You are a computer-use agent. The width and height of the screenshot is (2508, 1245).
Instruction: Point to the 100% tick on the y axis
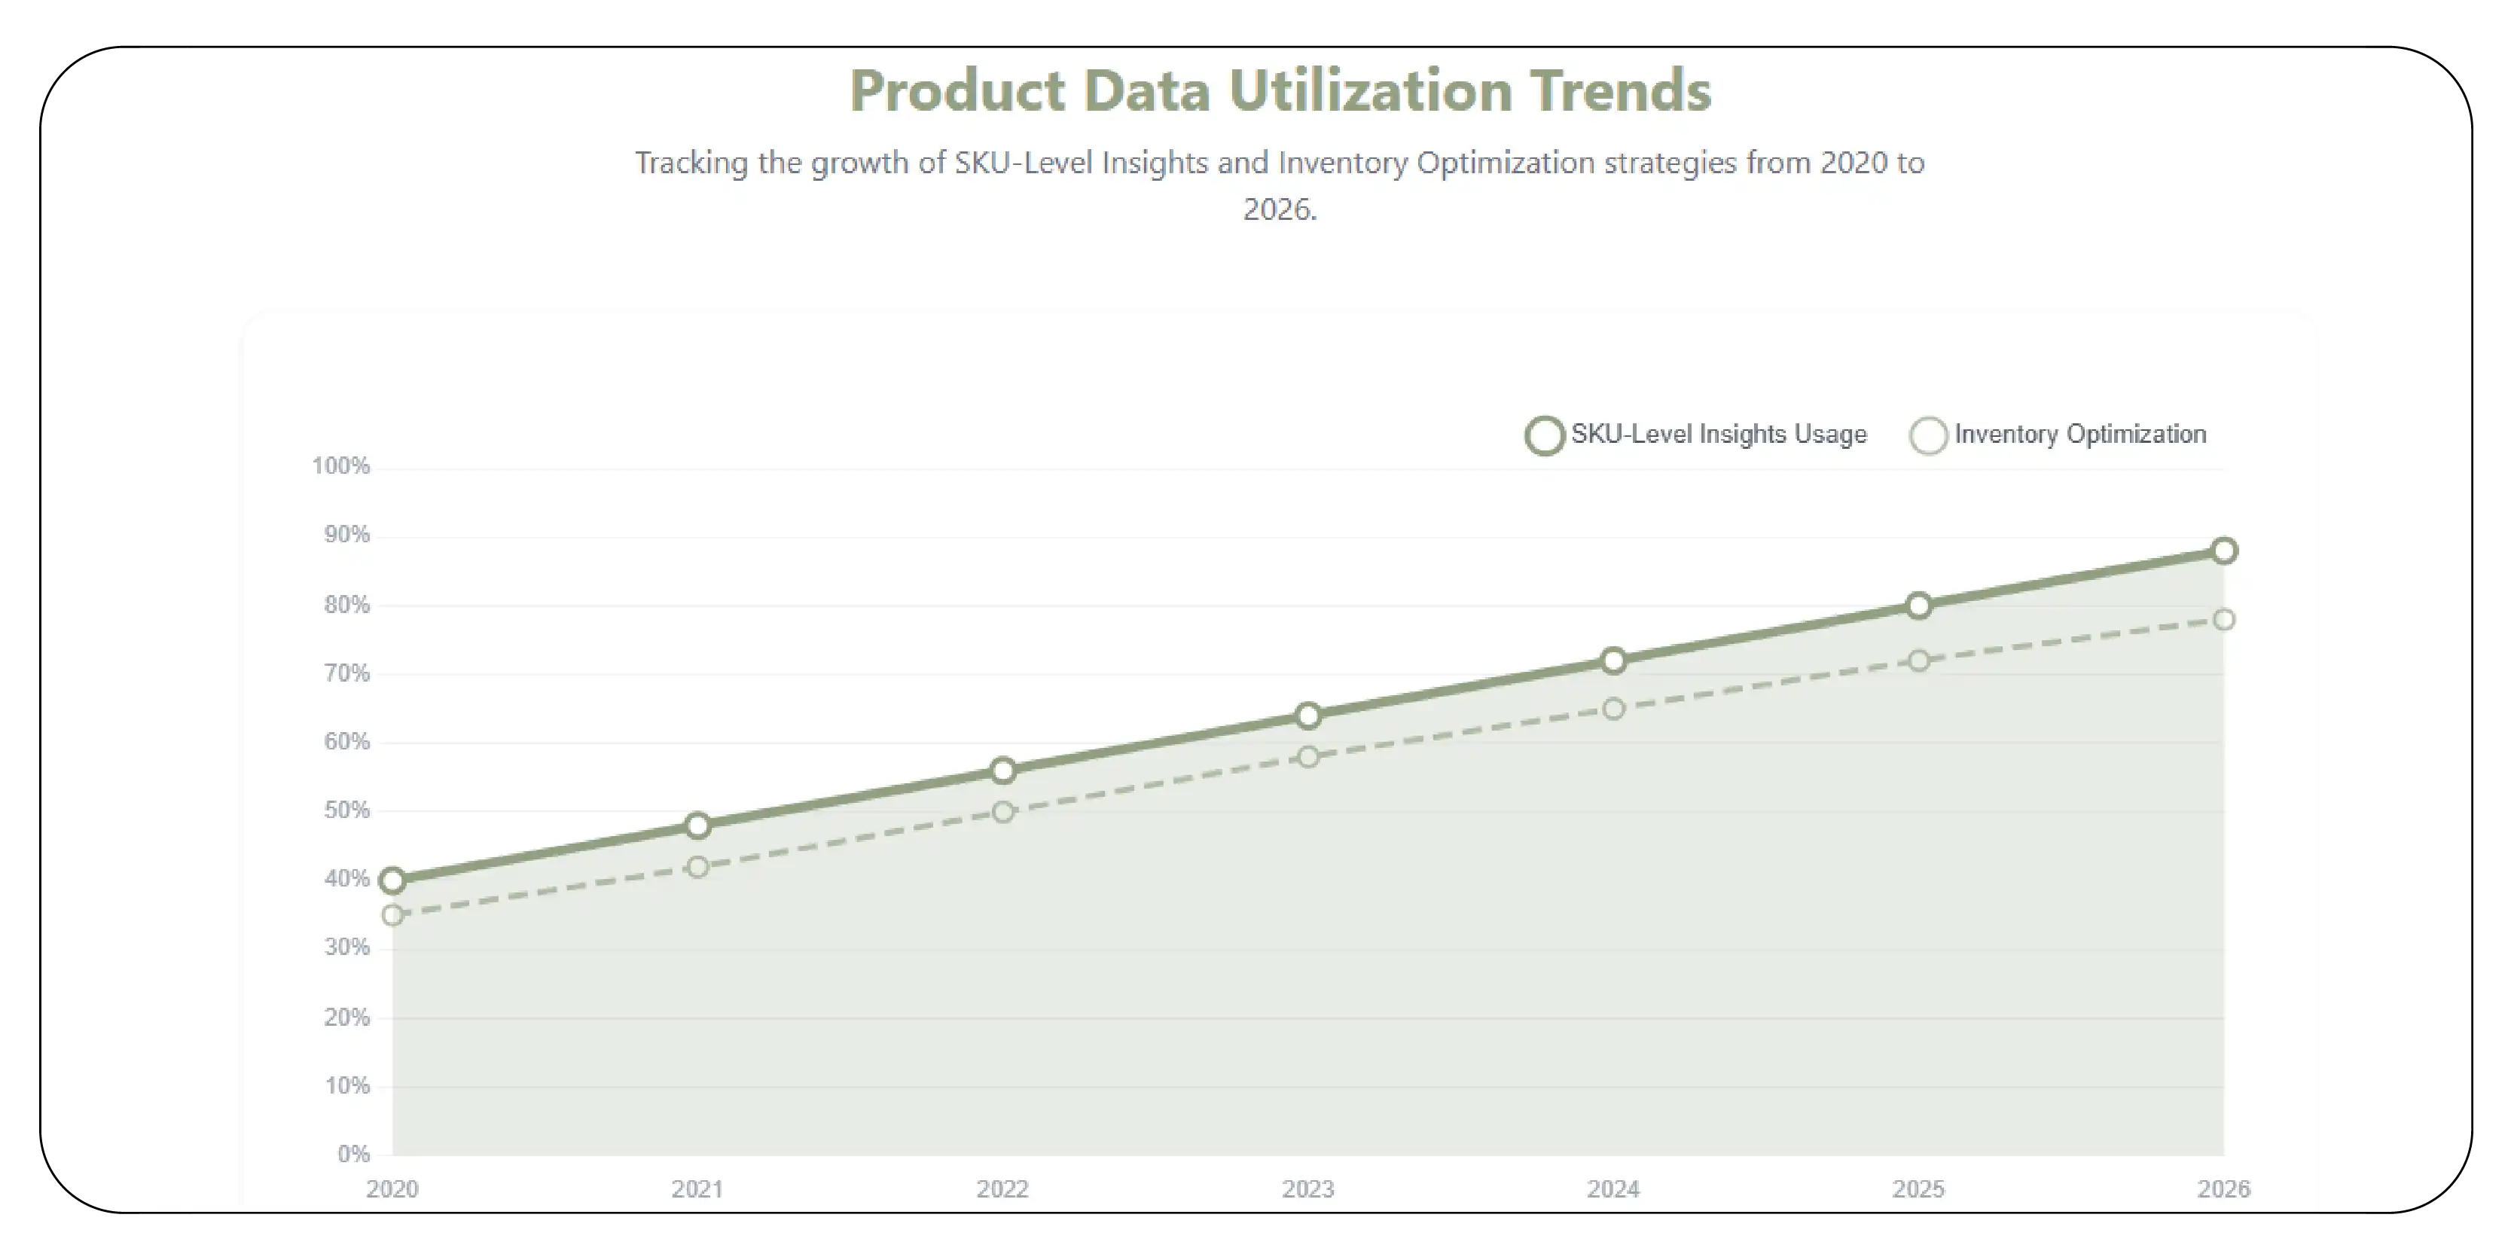[340, 466]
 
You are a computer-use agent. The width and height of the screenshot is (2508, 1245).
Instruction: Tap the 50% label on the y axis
[346, 810]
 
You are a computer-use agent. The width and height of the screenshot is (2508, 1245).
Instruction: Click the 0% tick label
[353, 1154]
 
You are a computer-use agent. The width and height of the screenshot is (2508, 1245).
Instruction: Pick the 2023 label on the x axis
[1307, 1189]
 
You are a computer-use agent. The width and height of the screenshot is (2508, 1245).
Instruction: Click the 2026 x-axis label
[2223, 1189]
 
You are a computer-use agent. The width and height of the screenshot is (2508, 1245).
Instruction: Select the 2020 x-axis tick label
[392, 1189]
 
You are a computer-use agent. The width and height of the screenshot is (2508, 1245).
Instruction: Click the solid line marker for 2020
[392, 880]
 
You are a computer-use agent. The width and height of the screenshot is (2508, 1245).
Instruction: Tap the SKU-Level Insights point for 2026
[2223, 551]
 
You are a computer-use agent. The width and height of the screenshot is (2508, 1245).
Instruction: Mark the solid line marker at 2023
[1307, 716]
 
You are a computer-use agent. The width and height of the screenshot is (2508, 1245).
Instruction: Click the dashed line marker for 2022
[1002, 811]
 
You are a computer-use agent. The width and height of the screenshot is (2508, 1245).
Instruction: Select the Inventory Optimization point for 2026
[2223, 619]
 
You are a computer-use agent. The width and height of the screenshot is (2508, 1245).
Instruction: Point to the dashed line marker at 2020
[392, 915]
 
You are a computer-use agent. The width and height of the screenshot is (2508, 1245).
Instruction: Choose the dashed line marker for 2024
[1613, 709]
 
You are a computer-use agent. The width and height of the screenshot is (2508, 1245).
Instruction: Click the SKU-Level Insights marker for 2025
[1918, 606]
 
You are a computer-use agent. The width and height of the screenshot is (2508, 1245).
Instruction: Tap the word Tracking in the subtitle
[691, 163]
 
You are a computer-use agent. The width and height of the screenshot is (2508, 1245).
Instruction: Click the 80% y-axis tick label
[346, 605]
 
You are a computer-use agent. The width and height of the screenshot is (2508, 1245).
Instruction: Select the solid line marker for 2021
[697, 825]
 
